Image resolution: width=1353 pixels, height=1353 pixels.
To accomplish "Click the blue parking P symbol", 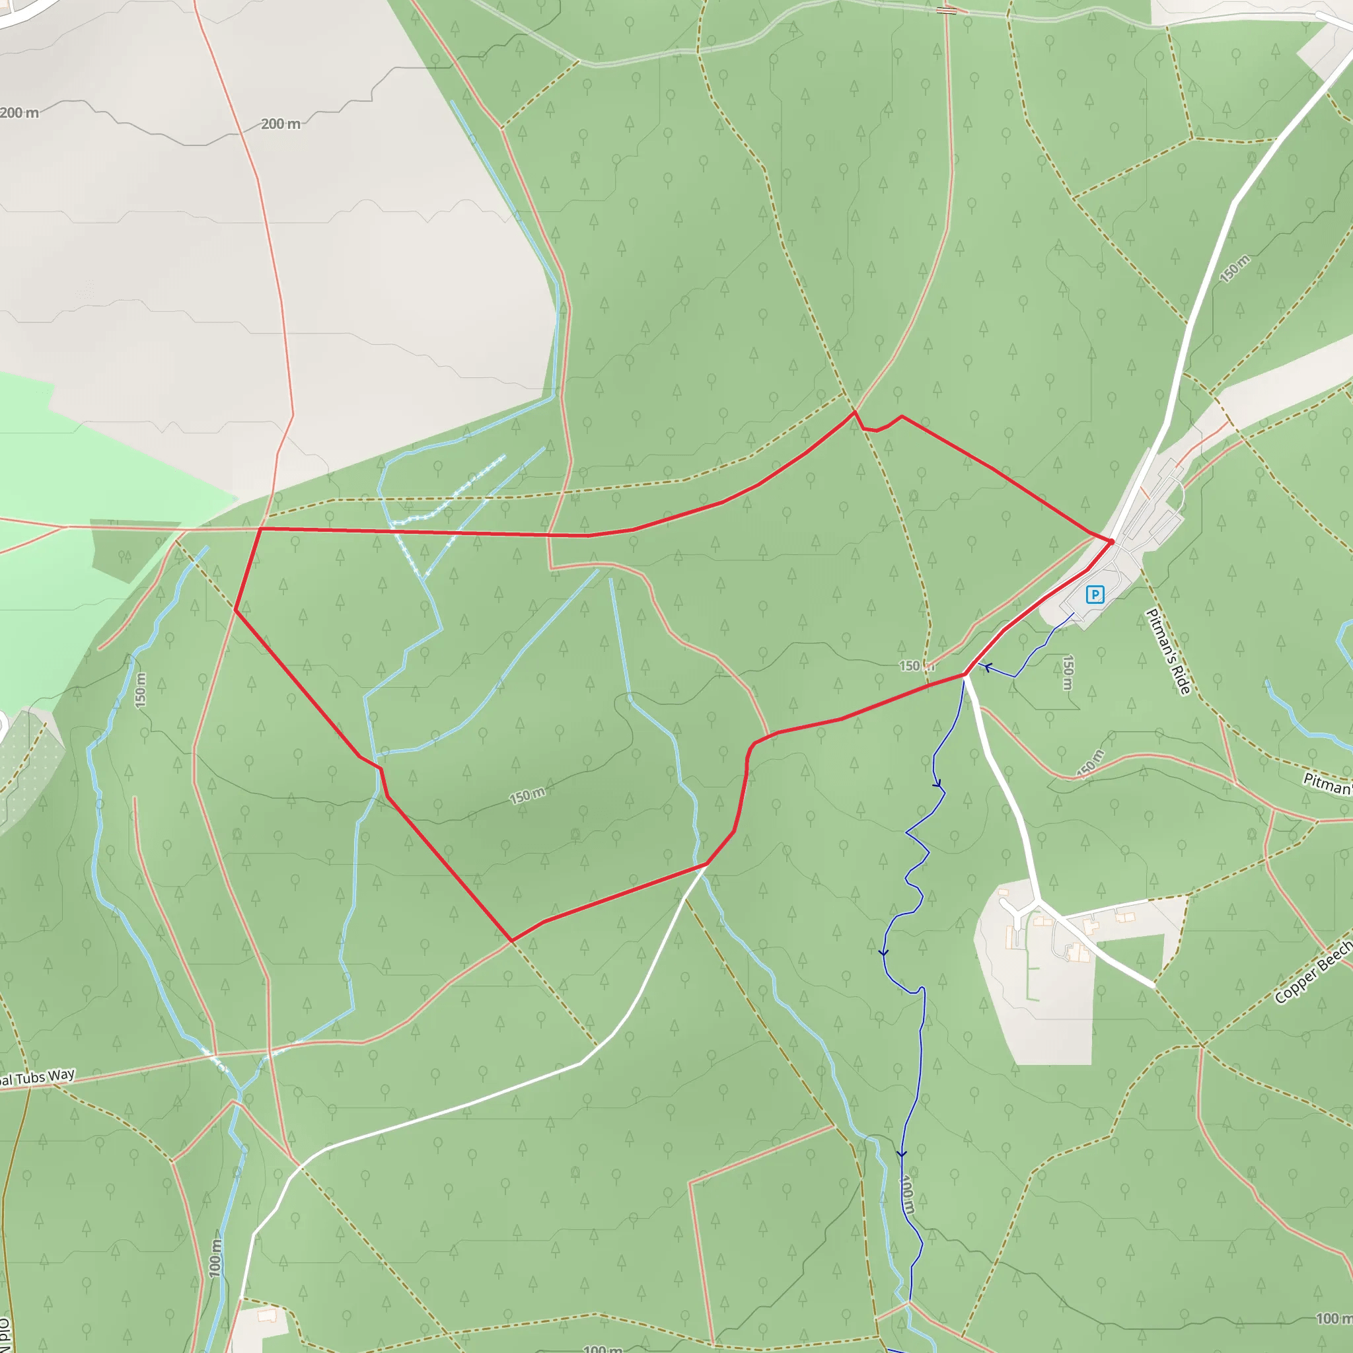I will pos(1095,595).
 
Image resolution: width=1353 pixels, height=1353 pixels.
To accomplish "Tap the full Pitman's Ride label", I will pos(1168,651).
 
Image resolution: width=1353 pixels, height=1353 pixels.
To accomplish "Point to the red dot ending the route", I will pos(1111,541).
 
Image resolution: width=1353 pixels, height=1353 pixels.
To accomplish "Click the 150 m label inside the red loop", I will pos(527,795).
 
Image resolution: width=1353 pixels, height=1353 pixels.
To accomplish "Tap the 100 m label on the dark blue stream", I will pos(907,1194).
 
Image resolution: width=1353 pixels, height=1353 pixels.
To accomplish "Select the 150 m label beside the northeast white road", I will pos(1235,269).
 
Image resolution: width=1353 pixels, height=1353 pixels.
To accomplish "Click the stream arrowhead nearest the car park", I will pos(988,667).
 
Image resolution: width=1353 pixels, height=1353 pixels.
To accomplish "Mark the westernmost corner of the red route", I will pos(235,610).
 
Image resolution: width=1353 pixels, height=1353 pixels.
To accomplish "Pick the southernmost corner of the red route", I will pos(512,941).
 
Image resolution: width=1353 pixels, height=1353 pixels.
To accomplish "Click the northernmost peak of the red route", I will pos(854,412).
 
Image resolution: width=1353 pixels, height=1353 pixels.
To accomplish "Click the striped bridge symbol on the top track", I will pos(946,10).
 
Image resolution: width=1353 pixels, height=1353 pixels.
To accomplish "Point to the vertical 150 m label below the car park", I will pos(1068,673).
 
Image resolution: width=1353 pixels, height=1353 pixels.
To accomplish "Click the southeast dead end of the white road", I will pos(1153,985).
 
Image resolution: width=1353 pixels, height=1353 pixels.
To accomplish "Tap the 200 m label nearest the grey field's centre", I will pos(281,124).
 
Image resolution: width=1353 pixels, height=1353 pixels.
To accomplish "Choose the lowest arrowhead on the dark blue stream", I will pos(902,1153).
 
